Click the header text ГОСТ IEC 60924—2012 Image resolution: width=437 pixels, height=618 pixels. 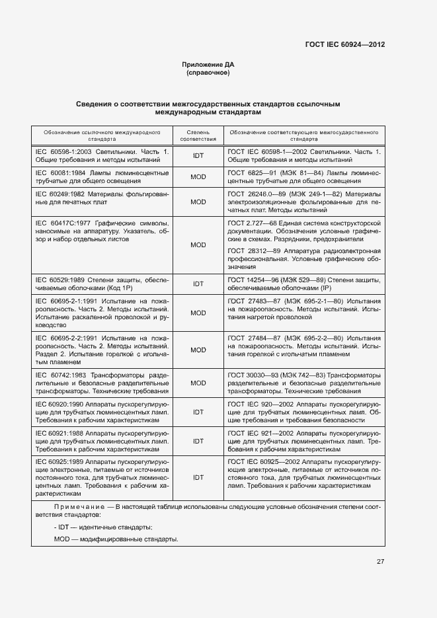click(x=344, y=45)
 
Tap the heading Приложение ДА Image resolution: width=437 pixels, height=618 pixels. click(x=208, y=64)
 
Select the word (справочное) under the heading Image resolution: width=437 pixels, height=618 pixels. click(x=208, y=73)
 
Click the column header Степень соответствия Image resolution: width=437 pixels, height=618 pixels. click(x=198, y=135)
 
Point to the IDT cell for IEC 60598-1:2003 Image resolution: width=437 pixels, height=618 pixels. click(x=198, y=156)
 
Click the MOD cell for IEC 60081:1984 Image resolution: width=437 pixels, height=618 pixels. click(x=198, y=176)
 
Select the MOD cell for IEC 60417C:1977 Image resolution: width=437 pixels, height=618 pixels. click(x=198, y=245)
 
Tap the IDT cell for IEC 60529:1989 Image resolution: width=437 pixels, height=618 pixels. click(x=198, y=284)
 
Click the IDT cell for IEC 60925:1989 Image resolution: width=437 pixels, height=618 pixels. click(x=198, y=476)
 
